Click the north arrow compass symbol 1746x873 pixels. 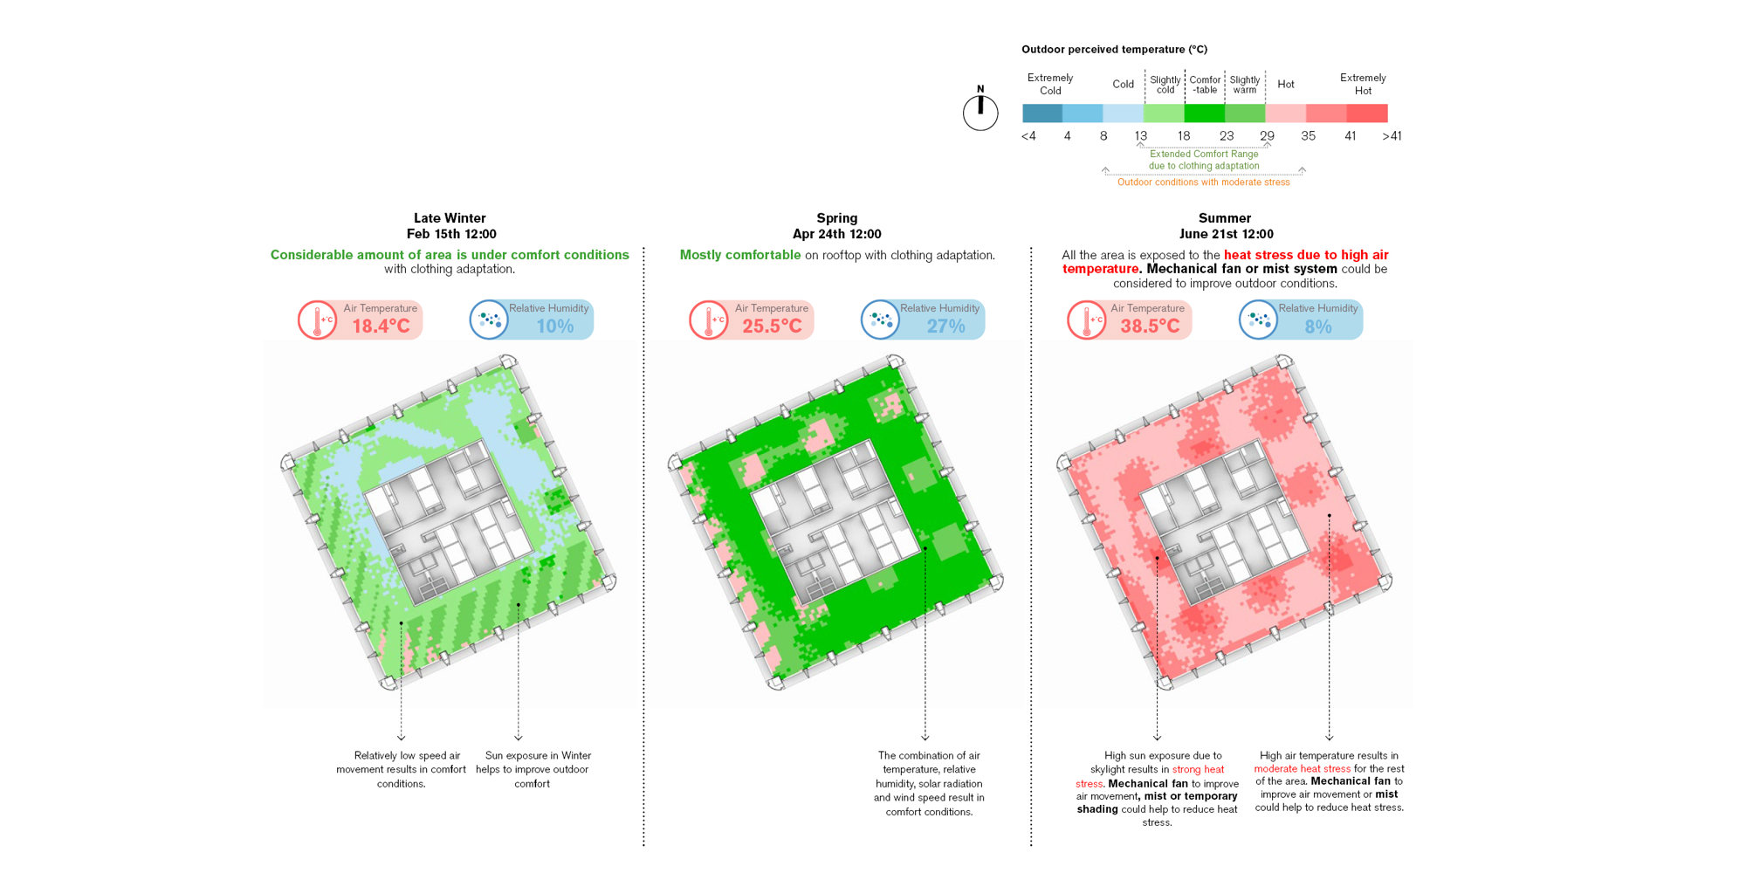[980, 111]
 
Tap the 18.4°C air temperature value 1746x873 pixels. [381, 327]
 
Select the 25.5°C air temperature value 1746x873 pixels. [772, 327]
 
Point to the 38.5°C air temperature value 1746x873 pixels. [1150, 327]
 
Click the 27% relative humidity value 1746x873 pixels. [945, 327]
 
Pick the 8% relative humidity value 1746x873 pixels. [1317, 327]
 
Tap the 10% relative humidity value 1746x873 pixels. [554, 327]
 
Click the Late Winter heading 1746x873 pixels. [450, 218]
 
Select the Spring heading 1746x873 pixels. [836, 218]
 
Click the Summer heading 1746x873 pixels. [1224, 218]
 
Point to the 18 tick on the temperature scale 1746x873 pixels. [1183, 136]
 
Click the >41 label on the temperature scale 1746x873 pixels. [1392, 136]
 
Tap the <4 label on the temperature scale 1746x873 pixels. [1028, 136]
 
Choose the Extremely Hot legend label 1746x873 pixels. [1363, 84]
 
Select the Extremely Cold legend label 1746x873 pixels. [1050, 84]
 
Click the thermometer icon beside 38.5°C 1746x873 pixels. [1087, 320]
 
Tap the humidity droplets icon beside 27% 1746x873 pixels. [880, 320]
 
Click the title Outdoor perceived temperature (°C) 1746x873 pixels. [1114, 50]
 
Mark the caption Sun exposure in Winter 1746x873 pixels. [538, 756]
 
